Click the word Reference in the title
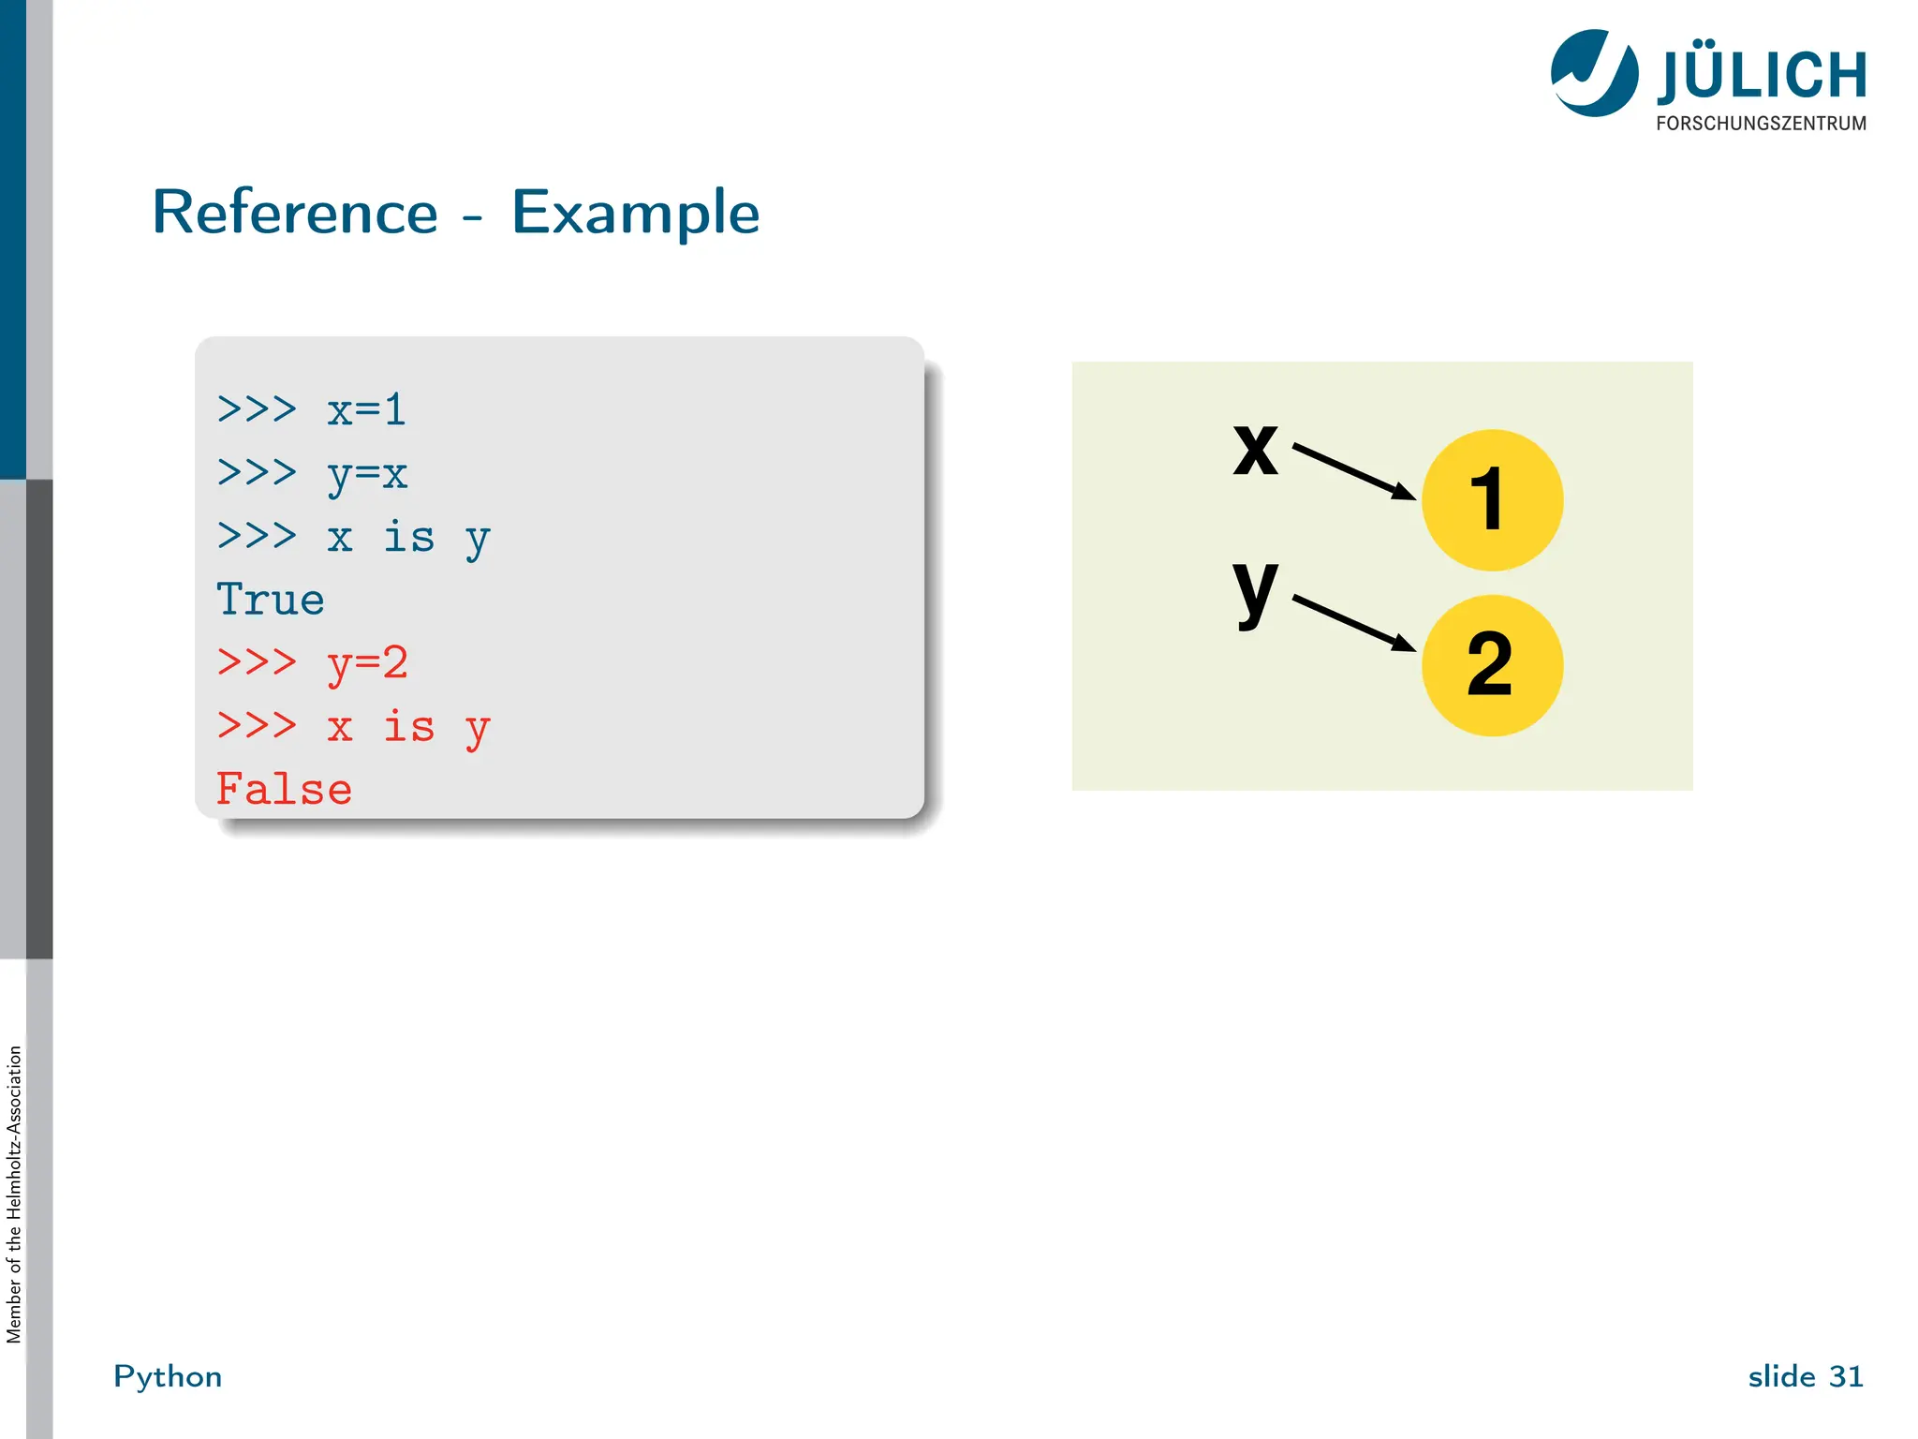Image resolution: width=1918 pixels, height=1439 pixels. pyautogui.click(x=295, y=213)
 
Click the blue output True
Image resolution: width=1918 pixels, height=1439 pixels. pyautogui.click(x=270, y=601)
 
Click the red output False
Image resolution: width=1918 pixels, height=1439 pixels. pyautogui.click(x=284, y=790)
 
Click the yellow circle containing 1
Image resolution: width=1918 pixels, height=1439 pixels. pyautogui.click(x=1492, y=500)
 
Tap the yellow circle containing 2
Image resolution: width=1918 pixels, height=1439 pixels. pyautogui.click(x=1492, y=665)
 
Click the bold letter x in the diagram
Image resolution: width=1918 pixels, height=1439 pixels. pyautogui.click(x=1255, y=450)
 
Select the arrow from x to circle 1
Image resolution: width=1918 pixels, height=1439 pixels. pyautogui.click(x=1353, y=471)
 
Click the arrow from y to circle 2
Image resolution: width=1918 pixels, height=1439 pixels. pyautogui.click(x=1353, y=622)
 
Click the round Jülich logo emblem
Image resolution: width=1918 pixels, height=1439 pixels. pyautogui.click(x=1594, y=73)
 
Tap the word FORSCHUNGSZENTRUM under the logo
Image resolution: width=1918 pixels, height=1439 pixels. pyautogui.click(x=1761, y=124)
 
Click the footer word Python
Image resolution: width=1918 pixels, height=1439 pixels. pyautogui.click(x=168, y=1376)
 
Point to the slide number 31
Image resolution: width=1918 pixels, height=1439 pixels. pyautogui.click(x=1846, y=1376)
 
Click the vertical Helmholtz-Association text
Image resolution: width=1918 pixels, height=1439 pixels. pyautogui.click(x=14, y=1194)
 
